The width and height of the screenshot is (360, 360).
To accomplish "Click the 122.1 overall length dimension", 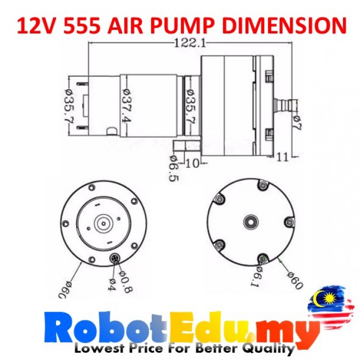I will coord(189,44).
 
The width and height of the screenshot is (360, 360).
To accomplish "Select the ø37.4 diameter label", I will coord(125,106).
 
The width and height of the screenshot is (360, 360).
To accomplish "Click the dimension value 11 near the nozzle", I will coord(282,157).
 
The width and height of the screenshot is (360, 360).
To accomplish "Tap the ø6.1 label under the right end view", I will coord(261,278).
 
